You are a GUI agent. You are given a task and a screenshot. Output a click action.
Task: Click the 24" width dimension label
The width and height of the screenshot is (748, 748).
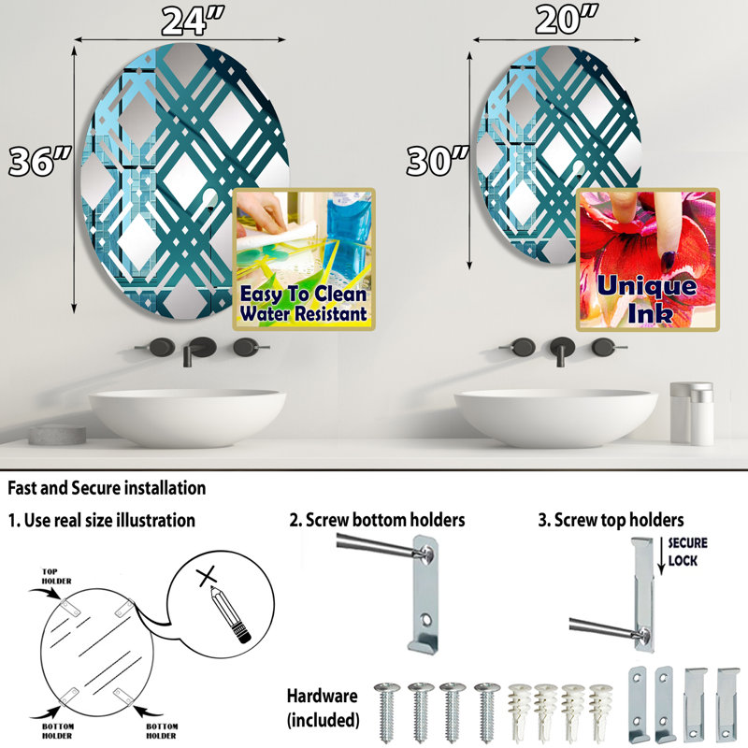pyautogui.click(x=193, y=21)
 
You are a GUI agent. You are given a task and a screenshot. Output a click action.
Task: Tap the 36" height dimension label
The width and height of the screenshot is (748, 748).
pyautogui.click(x=40, y=161)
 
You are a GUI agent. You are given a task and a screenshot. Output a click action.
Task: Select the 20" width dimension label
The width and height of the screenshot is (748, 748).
pyautogui.click(x=567, y=20)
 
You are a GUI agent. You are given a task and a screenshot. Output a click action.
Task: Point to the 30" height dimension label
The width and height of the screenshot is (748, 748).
pyautogui.click(x=438, y=160)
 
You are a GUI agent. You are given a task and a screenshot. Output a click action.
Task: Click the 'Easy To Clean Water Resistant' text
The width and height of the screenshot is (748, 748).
pyautogui.click(x=303, y=303)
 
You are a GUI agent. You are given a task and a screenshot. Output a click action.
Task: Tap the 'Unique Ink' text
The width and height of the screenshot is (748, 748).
pyautogui.click(x=647, y=299)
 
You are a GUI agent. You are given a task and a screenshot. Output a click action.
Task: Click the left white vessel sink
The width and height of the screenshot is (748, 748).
pyautogui.click(x=188, y=417)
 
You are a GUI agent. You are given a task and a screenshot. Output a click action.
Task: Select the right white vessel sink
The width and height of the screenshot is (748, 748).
pyautogui.click(x=555, y=417)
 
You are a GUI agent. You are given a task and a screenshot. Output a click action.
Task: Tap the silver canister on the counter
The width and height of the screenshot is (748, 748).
pyautogui.click(x=692, y=413)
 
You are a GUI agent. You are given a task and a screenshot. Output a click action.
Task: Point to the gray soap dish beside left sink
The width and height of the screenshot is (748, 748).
pyautogui.click(x=57, y=435)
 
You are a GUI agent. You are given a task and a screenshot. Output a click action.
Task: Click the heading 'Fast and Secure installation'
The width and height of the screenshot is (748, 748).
pyautogui.click(x=107, y=488)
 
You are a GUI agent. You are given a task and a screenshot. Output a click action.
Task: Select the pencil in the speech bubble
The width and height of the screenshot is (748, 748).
pyautogui.click(x=230, y=614)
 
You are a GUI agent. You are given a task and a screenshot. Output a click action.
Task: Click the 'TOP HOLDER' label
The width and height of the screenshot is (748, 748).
pyautogui.click(x=56, y=576)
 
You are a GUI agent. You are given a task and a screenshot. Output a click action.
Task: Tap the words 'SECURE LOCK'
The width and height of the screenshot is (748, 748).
pyautogui.click(x=687, y=552)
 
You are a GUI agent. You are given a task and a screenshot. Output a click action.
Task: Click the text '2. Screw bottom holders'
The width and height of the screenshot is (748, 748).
pyautogui.click(x=377, y=520)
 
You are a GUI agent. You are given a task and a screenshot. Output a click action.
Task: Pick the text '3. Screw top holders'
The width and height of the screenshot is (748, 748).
pyautogui.click(x=611, y=520)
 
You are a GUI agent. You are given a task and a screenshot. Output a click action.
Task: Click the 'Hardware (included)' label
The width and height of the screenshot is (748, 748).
pyautogui.click(x=323, y=708)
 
